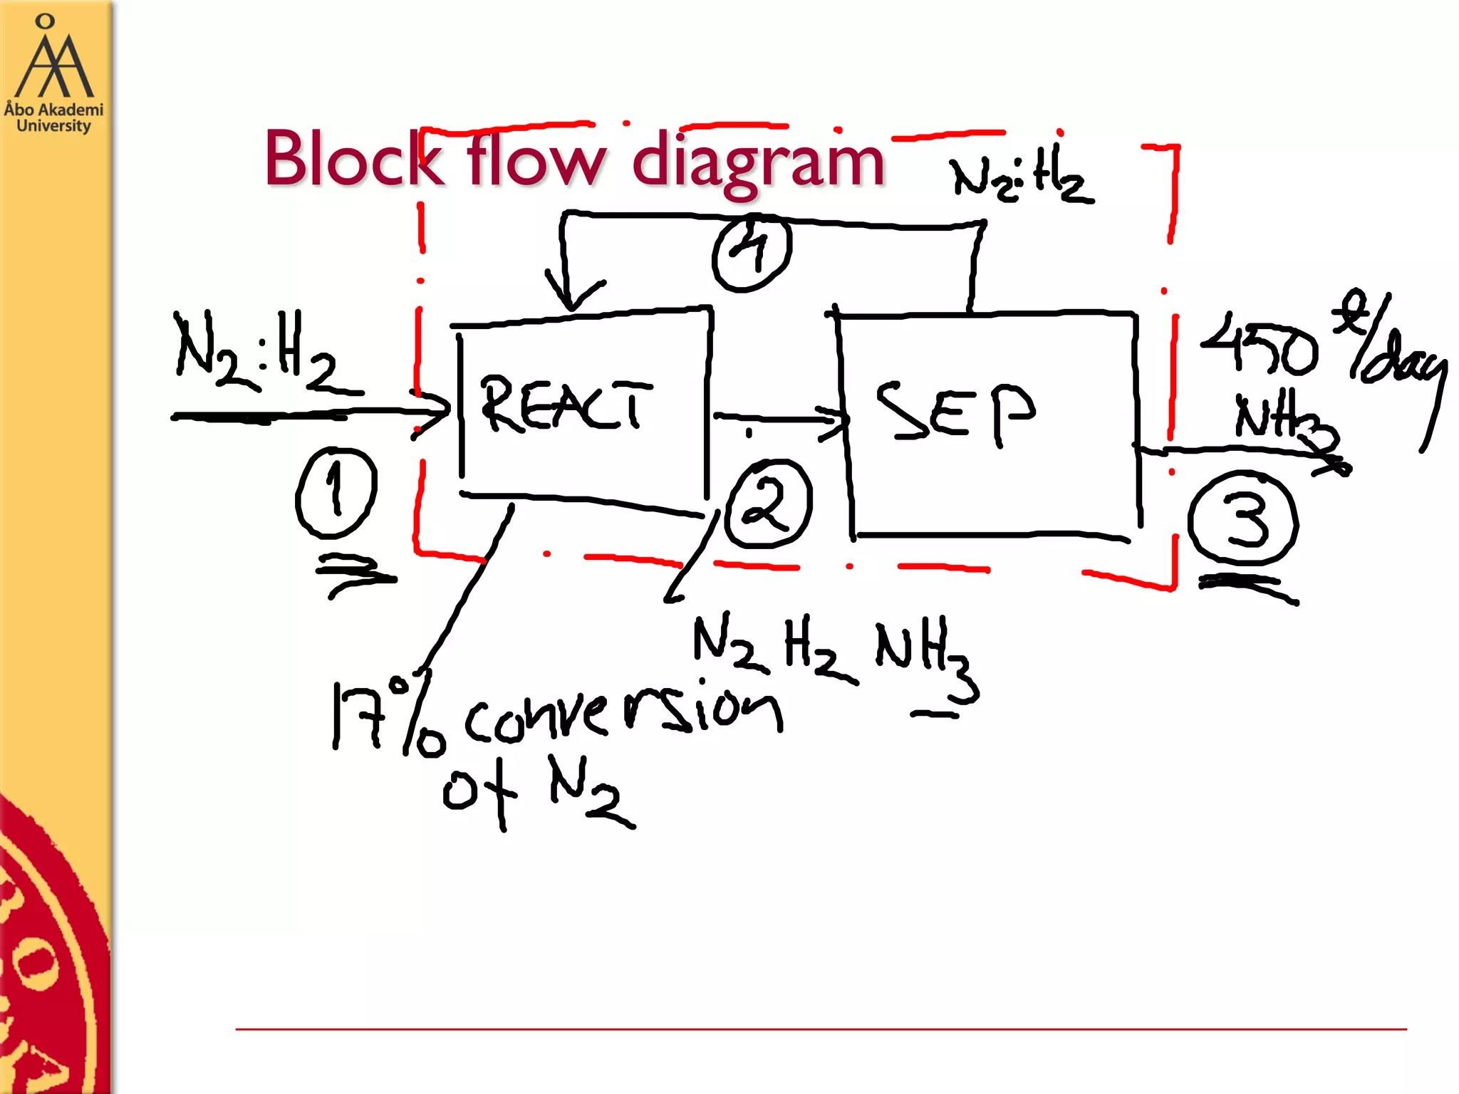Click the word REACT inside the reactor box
[x=566, y=405]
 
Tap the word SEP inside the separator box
[x=955, y=412]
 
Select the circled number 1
[x=336, y=492]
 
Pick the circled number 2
[x=768, y=504]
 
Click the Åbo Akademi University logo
[x=54, y=74]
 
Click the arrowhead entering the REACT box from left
[x=433, y=413]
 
